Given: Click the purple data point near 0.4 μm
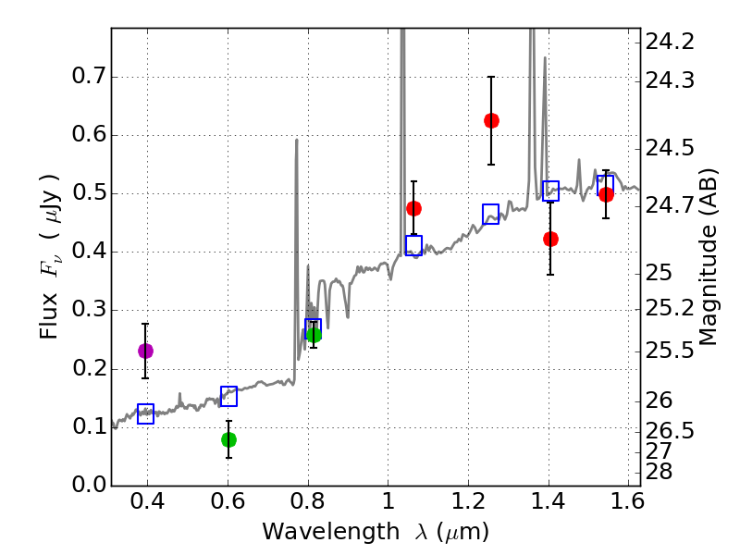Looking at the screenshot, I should pyautogui.click(x=145, y=351).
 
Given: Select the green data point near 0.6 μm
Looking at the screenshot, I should pyautogui.click(x=228, y=439).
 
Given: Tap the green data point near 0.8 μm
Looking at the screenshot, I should pyautogui.click(x=314, y=335).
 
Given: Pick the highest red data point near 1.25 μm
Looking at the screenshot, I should pyautogui.click(x=491, y=120).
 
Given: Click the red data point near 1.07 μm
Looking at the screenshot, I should pyautogui.click(x=413, y=208).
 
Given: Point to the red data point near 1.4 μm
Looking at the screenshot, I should pyautogui.click(x=550, y=239).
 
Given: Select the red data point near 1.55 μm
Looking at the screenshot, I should pyautogui.click(x=606, y=194).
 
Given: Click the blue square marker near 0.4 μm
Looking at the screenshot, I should pyautogui.click(x=145, y=414).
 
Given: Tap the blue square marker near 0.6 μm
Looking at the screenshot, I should pyautogui.click(x=228, y=396).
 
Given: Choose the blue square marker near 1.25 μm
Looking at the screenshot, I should pyautogui.click(x=491, y=214).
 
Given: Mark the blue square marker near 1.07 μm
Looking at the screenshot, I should pyautogui.click(x=413, y=245).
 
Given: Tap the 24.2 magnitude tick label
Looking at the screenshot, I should pyautogui.click(x=672, y=42).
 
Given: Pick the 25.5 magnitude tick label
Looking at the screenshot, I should pyautogui.click(x=672, y=351).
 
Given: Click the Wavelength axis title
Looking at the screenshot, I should pyautogui.click(x=375, y=532).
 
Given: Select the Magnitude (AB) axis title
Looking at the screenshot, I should pyautogui.click(x=709, y=256).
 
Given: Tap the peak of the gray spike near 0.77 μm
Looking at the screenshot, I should pyautogui.click(x=296, y=141).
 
